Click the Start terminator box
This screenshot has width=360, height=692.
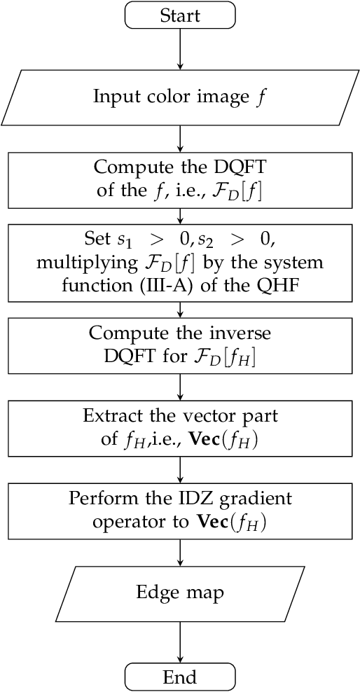[180, 15]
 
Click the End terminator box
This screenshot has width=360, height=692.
[180, 677]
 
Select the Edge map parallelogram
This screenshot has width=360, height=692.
[180, 593]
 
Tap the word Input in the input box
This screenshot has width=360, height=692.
[113, 96]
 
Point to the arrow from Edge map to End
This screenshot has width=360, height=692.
[180, 642]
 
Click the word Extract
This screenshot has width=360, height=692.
[109, 416]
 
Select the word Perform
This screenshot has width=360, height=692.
[98, 499]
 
